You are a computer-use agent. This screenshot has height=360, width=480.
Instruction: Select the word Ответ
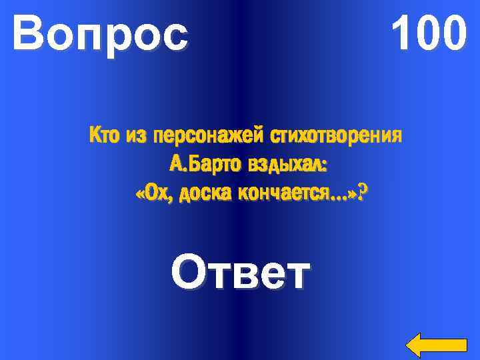pos(241,273)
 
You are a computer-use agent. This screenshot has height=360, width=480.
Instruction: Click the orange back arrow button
pos(436,344)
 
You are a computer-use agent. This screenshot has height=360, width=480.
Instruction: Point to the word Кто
pos(103,137)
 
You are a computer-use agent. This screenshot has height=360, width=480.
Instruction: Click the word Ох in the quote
pos(155,193)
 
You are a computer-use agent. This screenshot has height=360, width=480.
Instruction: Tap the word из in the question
pos(135,137)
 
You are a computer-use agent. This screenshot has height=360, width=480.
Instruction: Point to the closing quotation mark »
pos(351,193)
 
